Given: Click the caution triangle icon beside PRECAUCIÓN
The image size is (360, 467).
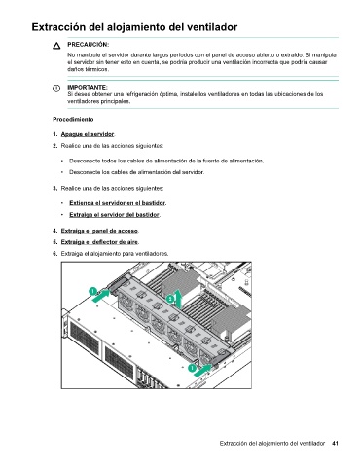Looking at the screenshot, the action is click(x=56, y=46).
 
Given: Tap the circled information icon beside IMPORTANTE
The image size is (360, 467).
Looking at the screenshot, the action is click(x=56, y=88).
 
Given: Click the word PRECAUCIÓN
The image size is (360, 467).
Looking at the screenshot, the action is click(x=88, y=45).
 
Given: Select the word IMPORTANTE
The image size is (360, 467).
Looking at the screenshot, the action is click(x=88, y=88).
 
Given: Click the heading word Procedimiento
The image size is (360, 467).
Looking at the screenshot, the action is click(x=73, y=120).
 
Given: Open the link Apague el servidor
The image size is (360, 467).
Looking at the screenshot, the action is click(x=88, y=134).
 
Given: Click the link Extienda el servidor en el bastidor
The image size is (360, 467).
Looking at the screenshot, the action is click(x=118, y=203).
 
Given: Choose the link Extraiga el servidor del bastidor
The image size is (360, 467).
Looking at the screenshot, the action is click(x=115, y=215).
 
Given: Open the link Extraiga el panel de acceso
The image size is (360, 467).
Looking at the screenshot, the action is click(x=99, y=231).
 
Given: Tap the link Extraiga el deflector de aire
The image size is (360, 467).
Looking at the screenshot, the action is click(x=99, y=242).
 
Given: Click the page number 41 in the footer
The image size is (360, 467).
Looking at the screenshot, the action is click(x=335, y=443).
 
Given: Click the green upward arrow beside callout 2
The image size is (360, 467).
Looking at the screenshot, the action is click(x=178, y=299).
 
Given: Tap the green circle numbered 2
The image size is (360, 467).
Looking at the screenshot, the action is click(x=170, y=299).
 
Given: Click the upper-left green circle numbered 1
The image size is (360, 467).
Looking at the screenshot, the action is click(x=92, y=291).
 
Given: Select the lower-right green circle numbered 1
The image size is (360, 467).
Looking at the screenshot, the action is click(x=192, y=368).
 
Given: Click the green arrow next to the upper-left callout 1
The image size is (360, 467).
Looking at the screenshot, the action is click(x=101, y=296).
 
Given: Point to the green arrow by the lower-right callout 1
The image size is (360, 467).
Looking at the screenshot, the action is click(x=203, y=370).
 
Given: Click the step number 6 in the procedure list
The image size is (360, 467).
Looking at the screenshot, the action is click(x=55, y=254).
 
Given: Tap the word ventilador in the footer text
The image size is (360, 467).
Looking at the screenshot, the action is click(x=312, y=443).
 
